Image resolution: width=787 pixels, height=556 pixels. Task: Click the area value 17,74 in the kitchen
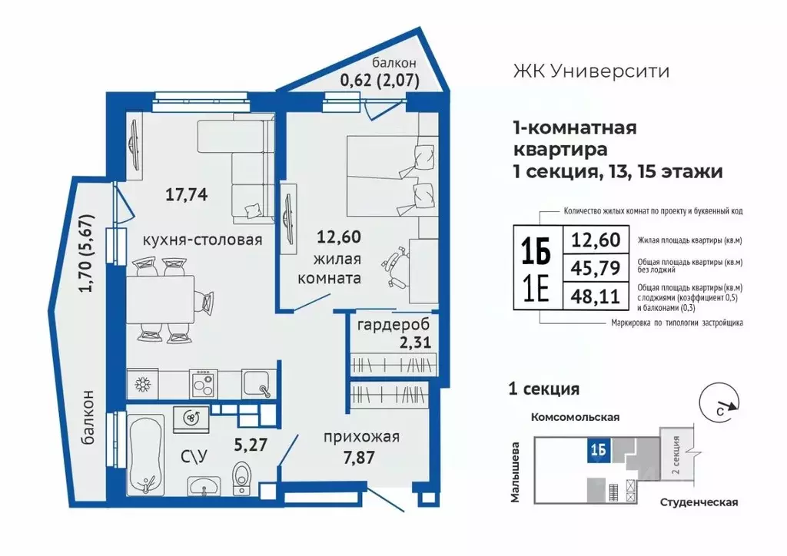[188, 194]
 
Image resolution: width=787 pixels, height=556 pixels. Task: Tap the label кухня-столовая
[202, 240]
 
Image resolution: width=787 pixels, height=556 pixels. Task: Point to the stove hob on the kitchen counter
[202, 382]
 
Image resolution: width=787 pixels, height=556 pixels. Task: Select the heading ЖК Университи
[590, 71]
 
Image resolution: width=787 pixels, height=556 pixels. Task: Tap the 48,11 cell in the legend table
[596, 296]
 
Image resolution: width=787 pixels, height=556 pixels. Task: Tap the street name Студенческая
[699, 502]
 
